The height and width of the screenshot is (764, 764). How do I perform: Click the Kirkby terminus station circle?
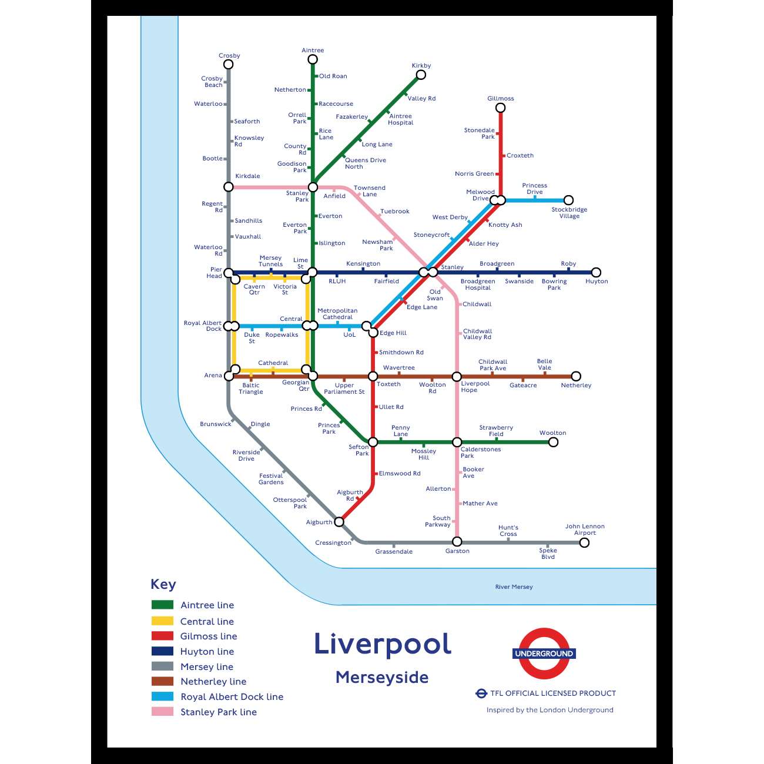pos(421,75)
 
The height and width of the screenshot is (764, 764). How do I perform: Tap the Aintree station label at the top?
pos(313,51)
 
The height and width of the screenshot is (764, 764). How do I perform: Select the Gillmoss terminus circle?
pos(500,108)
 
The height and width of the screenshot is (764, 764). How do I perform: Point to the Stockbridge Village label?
pos(569,213)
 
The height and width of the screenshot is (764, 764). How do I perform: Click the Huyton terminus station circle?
pos(596,272)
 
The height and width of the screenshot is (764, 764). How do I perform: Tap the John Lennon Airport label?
pos(585,530)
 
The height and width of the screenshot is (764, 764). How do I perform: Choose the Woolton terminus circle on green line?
pos(553,442)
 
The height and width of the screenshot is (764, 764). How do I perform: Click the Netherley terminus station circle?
pos(576,376)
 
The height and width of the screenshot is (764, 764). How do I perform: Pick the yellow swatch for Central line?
pos(162,621)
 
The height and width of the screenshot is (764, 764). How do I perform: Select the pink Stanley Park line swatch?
pos(162,712)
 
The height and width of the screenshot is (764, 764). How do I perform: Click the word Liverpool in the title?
pos(383,644)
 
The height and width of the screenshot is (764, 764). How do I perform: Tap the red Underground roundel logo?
pos(544,654)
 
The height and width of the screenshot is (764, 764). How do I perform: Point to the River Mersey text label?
pos(514,587)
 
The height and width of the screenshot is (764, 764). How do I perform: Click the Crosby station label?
pos(229,56)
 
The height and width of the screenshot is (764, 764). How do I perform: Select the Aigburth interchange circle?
pos(339,522)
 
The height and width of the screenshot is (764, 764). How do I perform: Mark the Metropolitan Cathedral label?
pos(337,314)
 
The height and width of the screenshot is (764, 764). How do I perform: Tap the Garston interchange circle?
pos(457,542)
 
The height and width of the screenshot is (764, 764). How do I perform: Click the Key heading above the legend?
pos(163,584)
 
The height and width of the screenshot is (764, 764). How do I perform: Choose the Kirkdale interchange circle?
pos(229,187)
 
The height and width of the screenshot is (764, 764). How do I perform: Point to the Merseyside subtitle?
pos(382,678)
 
